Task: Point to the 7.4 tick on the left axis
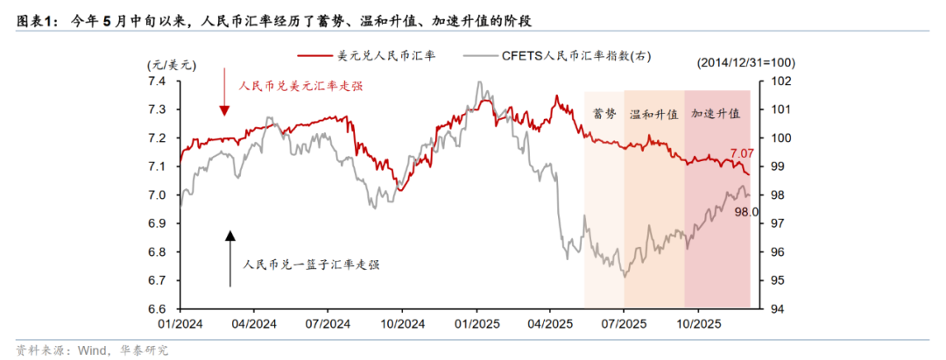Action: click(159, 81)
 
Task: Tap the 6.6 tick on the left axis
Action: click(159, 309)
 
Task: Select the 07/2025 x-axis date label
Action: click(625, 324)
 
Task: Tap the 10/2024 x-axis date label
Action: click(402, 324)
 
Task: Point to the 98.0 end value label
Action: click(746, 211)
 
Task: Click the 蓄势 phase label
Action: click(604, 114)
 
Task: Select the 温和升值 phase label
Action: click(653, 114)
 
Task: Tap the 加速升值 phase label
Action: click(716, 114)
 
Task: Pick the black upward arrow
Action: click(230, 258)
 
